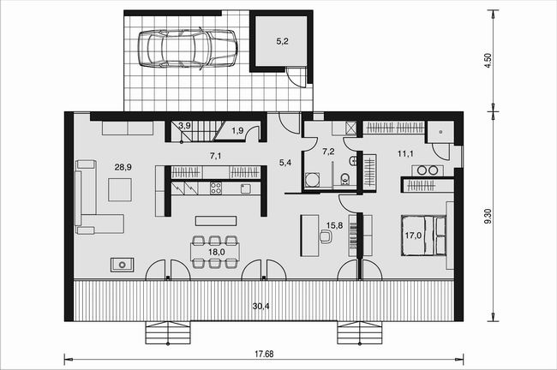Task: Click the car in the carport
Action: pyautogui.click(x=188, y=48)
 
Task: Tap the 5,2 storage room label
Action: pyautogui.click(x=283, y=41)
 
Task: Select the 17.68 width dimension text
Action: pyautogui.click(x=264, y=354)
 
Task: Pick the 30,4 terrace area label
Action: pyautogui.click(x=261, y=306)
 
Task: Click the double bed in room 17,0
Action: pyautogui.click(x=423, y=235)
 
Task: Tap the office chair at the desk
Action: pyautogui.click(x=326, y=236)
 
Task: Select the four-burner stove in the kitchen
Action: pyautogui.click(x=216, y=188)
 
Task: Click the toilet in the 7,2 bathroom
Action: pyautogui.click(x=345, y=179)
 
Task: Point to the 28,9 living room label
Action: pyautogui.click(x=123, y=167)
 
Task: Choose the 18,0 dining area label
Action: pyautogui.click(x=216, y=252)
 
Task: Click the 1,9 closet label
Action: pyautogui.click(x=237, y=131)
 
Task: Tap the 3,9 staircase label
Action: pyautogui.click(x=185, y=125)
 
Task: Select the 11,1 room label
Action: pyautogui.click(x=405, y=154)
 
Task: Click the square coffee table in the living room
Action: pyautogui.click(x=120, y=190)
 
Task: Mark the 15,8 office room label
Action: pyautogui.click(x=334, y=224)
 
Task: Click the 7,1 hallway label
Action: pyautogui.click(x=216, y=156)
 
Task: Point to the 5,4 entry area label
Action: pyautogui.click(x=285, y=163)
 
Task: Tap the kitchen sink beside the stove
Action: pyautogui.click(x=245, y=188)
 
